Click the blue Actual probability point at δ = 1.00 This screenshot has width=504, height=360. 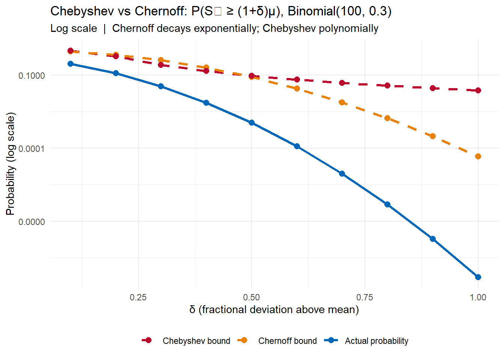pyautogui.click(x=478, y=277)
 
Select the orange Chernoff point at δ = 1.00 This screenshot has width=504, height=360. pyautogui.click(x=478, y=156)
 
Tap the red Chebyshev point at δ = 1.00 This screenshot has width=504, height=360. pyautogui.click(x=478, y=90)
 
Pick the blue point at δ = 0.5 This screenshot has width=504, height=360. pyautogui.click(x=252, y=123)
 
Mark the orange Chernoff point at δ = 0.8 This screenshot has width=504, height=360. pyautogui.click(x=387, y=118)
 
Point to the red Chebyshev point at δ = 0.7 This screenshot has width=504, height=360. pyautogui.click(x=342, y=83)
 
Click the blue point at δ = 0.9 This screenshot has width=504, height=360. pyautogui.click(x=433, y=239)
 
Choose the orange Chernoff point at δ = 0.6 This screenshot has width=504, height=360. pyautogui.click(x=297, y=88)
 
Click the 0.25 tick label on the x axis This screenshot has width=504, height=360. pyautogui.click(x=138, y=297)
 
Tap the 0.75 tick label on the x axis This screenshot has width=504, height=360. pyautogui.click(x=364, y=297)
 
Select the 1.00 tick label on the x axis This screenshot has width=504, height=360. pyautogui.click(x=478, y=297)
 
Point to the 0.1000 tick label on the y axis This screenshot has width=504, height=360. pyautogui.click(x=31, y=75)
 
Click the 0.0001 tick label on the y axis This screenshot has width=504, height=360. pyautogui.click(x=31, y=148)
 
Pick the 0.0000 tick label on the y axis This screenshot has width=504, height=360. pyautogui.click(x=31, y=222)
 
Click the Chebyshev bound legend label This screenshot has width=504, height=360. pyautogui.click(x=196, y=341)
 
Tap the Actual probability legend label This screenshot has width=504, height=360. pyautogui.click(x=376, y=341)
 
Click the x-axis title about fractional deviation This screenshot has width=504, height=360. pyautogui.click(x=274, y=310)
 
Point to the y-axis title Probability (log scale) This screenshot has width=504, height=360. pyautogui.click(x=10, y=163)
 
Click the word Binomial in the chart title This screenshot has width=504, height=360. pyautogui.click(x=311, y=11)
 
